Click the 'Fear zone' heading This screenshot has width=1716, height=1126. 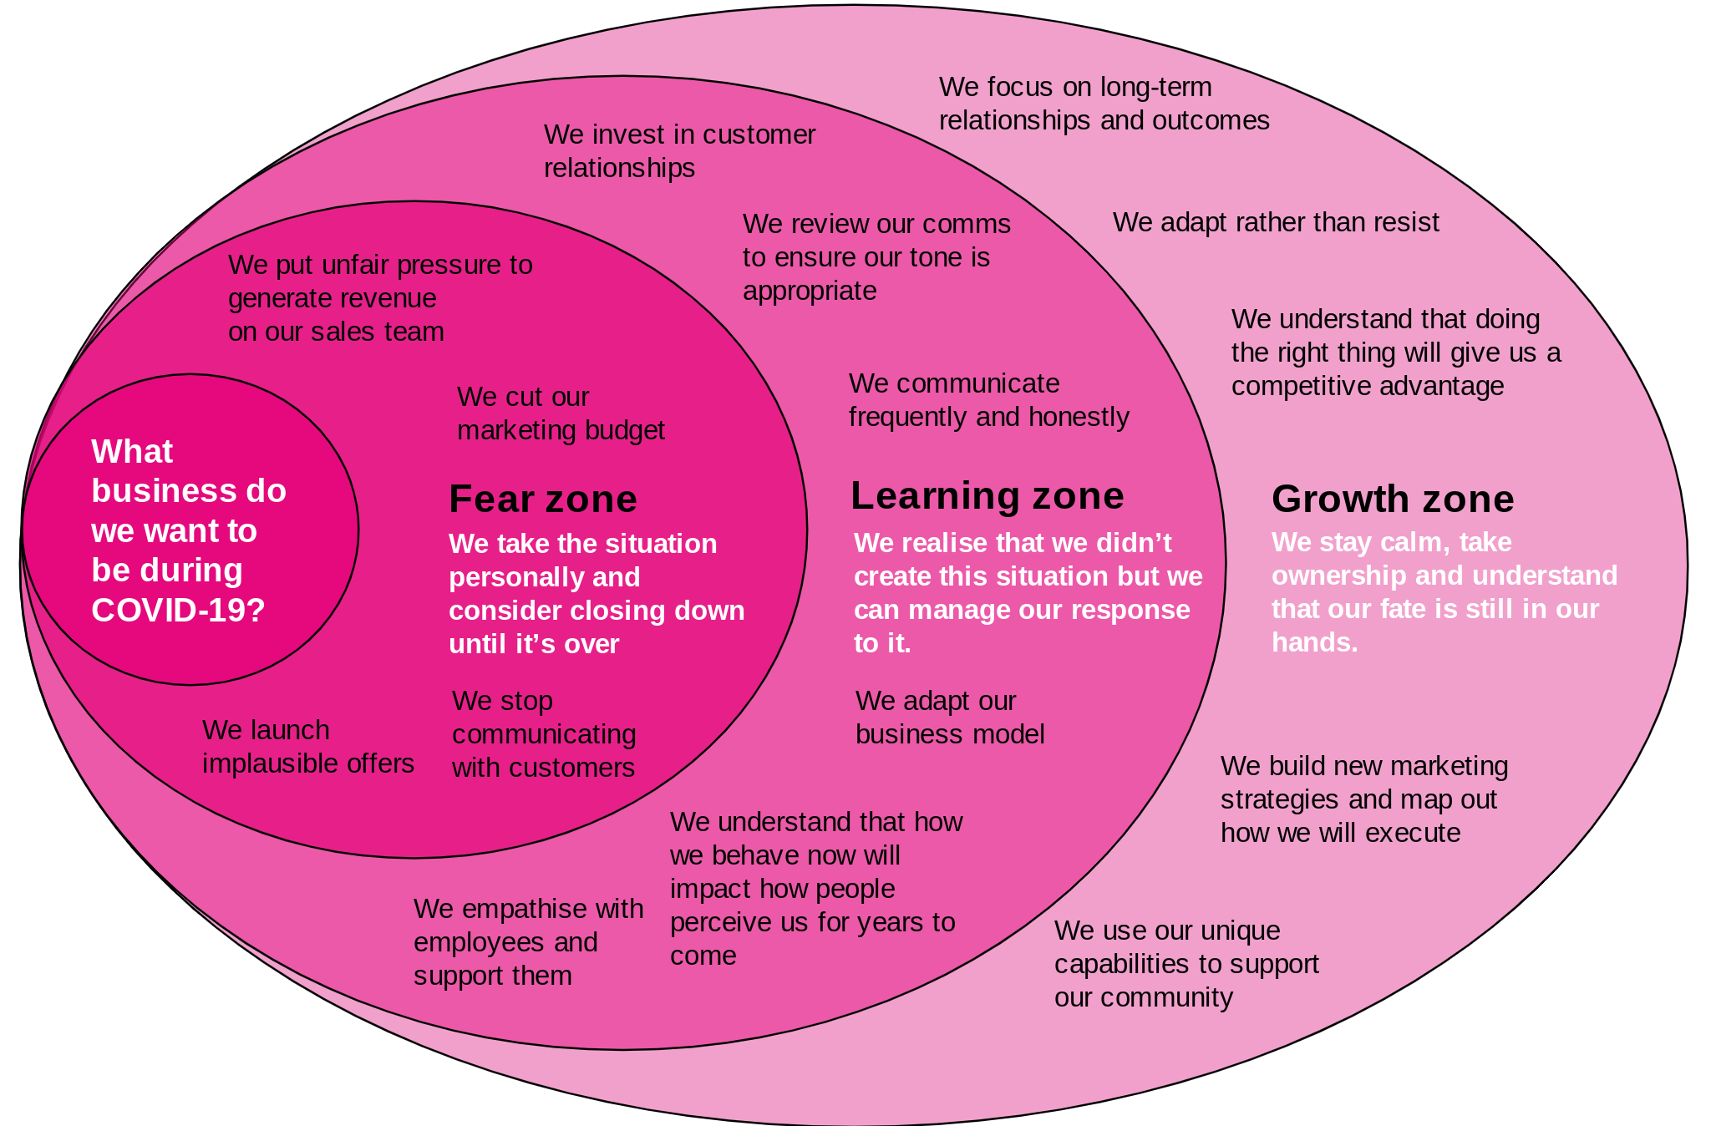(542, 499)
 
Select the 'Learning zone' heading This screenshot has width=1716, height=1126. (987, 495)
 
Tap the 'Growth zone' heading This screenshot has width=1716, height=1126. (1392, 499)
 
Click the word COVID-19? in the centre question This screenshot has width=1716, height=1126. (178, 611)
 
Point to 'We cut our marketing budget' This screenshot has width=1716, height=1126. (560, 413)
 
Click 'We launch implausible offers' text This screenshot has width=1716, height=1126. (307, 747)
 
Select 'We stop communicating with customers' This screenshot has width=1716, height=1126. (544, 734)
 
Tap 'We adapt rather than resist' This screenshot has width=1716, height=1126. (1276, 222)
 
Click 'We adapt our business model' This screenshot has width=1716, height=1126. (950, 718)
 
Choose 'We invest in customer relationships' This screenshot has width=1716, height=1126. (679, 151)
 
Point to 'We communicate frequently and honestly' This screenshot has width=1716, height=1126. (988, 400)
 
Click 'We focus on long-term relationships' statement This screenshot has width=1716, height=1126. (1104, 104)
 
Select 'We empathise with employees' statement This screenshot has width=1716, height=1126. (528, 942)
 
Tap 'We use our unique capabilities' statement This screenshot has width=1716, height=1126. (1186, 964)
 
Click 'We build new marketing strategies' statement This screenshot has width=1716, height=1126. (1363, 799)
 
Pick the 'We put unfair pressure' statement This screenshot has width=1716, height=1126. (379, 298)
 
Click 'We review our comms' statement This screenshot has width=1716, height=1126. (876, 257)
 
